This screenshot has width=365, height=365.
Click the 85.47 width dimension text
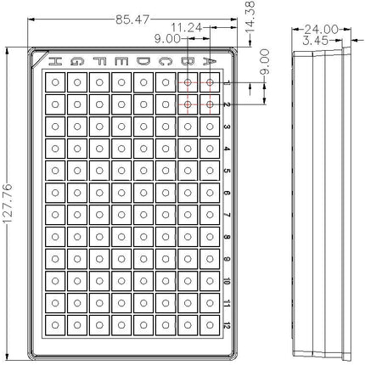coord(132,20)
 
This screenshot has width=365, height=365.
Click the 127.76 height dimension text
coord(8,203)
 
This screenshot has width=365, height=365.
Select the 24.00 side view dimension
coord(321,29)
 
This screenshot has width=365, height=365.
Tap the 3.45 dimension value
coord(315,41)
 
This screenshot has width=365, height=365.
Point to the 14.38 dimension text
coord(250,16)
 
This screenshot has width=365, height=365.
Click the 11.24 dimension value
coord(187,28)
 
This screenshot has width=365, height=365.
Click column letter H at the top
coord(55,61)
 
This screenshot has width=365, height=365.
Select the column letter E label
coord(121,61)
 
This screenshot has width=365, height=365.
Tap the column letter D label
coord(143,61)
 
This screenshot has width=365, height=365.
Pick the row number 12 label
coord(227,325)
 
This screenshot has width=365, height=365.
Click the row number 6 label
coord(227,193)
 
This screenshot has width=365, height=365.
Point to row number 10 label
coord(227,281)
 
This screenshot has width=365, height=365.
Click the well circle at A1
coord(210,82)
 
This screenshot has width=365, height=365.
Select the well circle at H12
coord(55,325)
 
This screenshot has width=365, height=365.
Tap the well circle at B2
coord(188,104)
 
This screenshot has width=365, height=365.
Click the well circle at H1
coord(55,82)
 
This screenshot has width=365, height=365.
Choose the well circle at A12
coord(210,325)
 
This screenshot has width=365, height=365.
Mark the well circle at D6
coord(143,193)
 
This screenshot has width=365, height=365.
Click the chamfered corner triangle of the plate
coord(37,58)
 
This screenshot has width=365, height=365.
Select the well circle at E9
coord(121,259)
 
